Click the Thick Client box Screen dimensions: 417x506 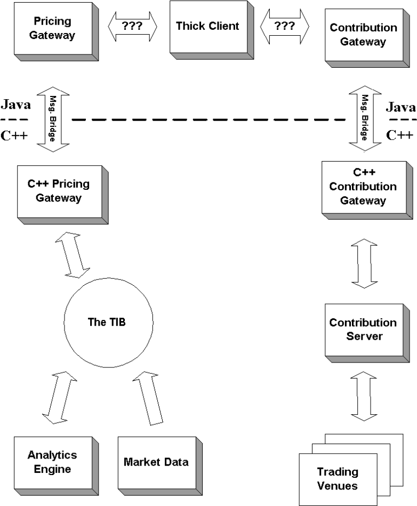click(211, 30)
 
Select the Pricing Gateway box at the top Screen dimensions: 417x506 click(56, 31)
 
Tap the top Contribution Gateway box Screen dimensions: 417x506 click(367, 38)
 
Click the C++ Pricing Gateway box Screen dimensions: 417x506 click(62, 195)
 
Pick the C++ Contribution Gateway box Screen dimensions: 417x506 click(367, 190)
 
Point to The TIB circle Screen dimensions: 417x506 click(108, 322)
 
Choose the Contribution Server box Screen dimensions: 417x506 click(367, 333)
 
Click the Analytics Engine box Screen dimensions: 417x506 click(56, 466)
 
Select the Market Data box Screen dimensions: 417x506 click(160, 466)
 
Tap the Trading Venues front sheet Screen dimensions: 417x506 click(338, 479)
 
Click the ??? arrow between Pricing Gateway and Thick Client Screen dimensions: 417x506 click(132, 27)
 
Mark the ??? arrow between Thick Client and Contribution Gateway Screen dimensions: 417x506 click(285, 27)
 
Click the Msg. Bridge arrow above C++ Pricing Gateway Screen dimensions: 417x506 click(53, 119)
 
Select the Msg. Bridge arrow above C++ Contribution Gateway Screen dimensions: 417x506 click(365, 118)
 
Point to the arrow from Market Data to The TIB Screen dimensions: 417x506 click(148, 398)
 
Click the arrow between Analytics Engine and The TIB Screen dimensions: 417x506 click(59, 398)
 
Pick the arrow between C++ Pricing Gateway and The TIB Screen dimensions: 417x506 click(73, 255)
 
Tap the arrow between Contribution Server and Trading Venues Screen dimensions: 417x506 click(364, 396)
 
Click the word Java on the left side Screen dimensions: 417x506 click(16, 105)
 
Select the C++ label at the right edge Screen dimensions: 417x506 click(399, 135)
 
